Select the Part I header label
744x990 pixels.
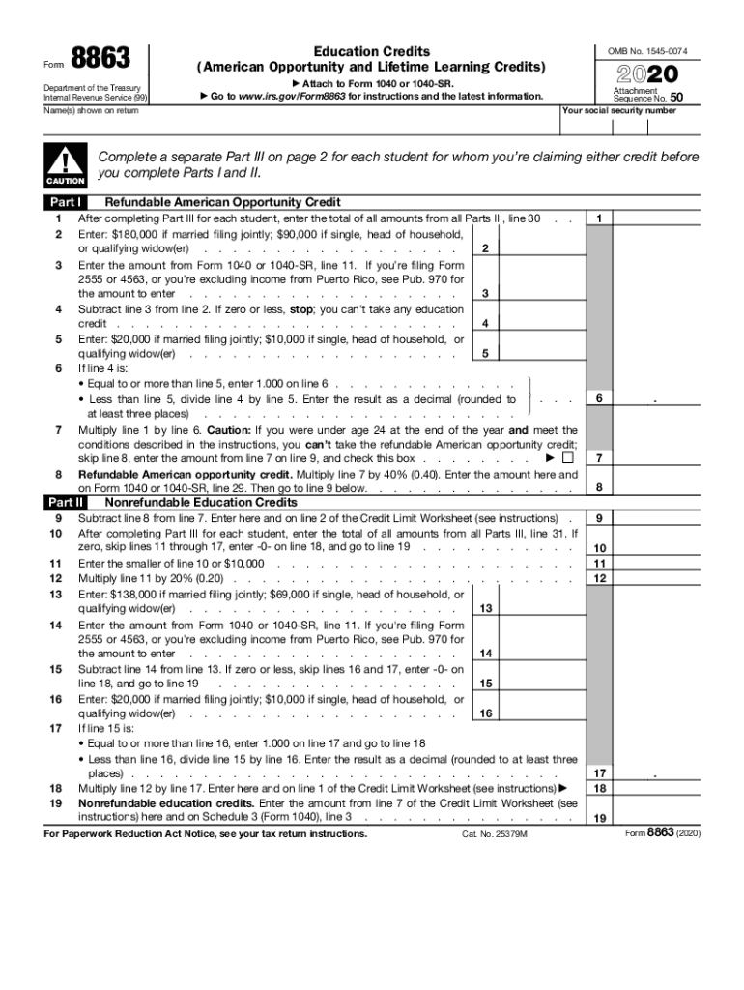65,203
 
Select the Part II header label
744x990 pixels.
65,503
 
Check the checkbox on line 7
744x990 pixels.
568,458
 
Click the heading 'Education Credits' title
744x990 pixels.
372,51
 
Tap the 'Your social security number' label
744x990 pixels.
618,111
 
